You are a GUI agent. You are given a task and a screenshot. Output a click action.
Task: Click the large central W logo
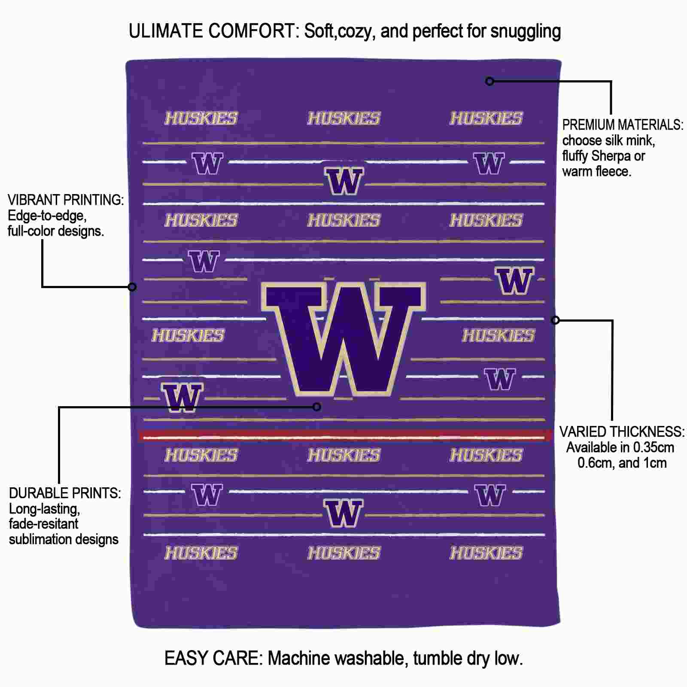point(343,338)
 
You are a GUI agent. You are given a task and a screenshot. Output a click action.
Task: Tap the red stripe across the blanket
point(345,436)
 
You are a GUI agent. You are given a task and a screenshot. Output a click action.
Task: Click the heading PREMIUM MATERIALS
point(623,125)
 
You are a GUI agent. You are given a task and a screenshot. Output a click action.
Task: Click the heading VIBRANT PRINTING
point(66,200)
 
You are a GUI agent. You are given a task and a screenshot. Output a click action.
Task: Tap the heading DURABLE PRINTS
point(65,493)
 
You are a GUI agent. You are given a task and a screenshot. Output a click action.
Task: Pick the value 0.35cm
point(649,447)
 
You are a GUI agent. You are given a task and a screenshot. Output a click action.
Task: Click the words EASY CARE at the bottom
point(213,658)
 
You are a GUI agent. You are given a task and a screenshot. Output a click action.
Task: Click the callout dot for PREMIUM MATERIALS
point(489,81)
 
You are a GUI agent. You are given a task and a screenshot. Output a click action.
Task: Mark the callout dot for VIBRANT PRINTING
point(132,286)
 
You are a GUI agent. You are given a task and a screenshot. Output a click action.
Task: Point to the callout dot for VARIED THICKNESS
point(555,320)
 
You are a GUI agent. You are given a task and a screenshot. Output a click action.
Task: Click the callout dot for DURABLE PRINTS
point(317,407)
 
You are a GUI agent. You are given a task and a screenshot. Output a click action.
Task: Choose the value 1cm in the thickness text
point(655,463)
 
